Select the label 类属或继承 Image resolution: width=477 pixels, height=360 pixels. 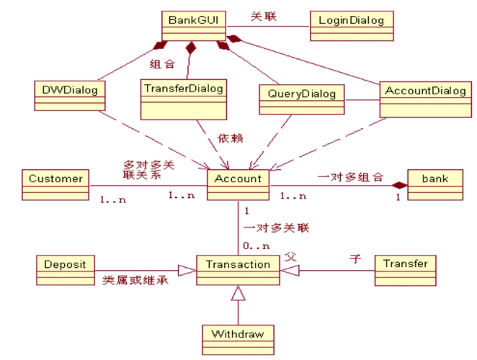(x=135, y=279)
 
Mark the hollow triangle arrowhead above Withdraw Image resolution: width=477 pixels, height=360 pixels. (x=238, y=293)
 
